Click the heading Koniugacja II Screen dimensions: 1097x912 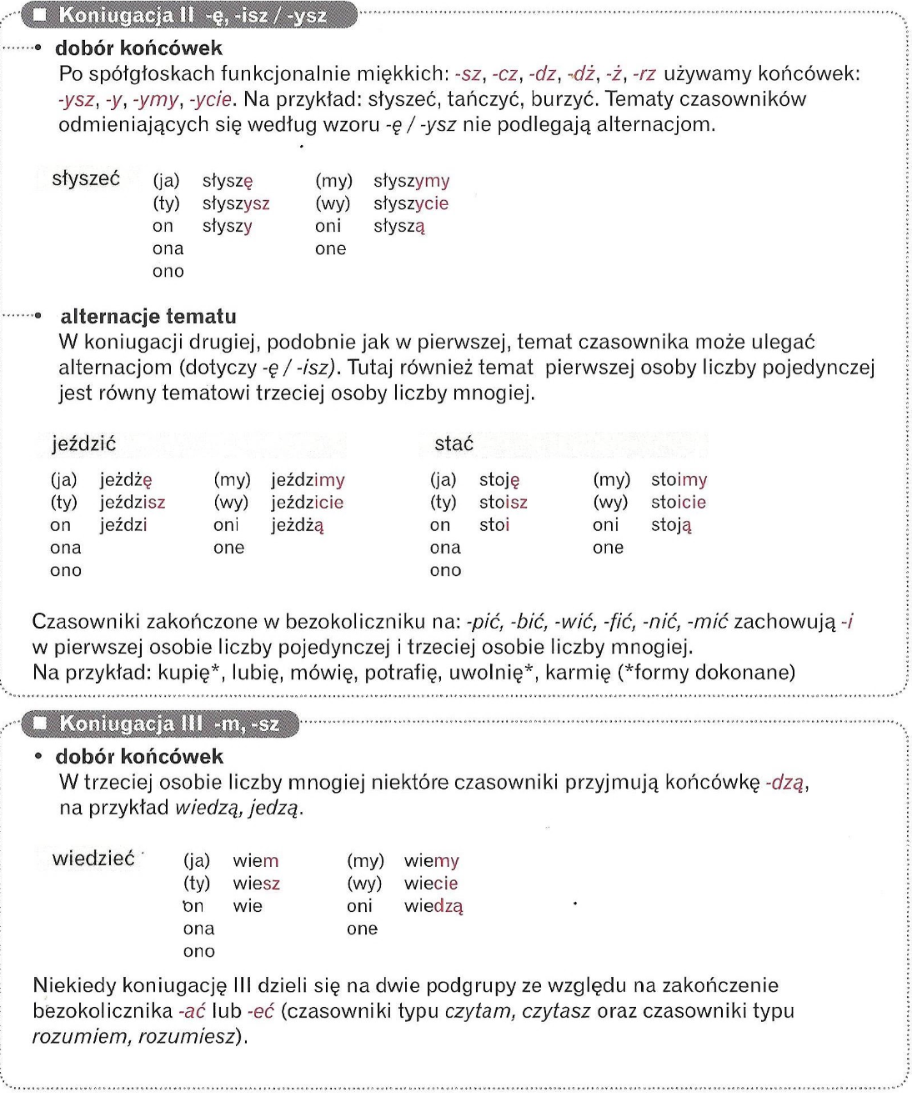click(192, 15)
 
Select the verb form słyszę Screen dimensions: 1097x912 click(228, 181)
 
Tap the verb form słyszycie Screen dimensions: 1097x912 click(411, 203)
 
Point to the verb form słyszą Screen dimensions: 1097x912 click(399, 226)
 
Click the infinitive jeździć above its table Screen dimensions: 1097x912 click(83, 443)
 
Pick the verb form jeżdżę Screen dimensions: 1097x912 click(126, 480)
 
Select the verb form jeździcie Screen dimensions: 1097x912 click(307, 503)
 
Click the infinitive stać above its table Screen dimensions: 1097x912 click(453, 443)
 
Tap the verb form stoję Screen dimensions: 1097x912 click(499, 480)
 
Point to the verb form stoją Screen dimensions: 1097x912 click(671, 525)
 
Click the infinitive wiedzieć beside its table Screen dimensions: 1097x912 click(93, 859)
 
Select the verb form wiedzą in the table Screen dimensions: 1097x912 click(433, 906)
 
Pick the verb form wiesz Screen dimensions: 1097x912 click(257, 884)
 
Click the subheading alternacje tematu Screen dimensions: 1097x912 click(148, 317)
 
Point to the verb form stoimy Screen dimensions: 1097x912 click(679, 480)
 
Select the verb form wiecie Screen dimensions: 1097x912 click(431, 884)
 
